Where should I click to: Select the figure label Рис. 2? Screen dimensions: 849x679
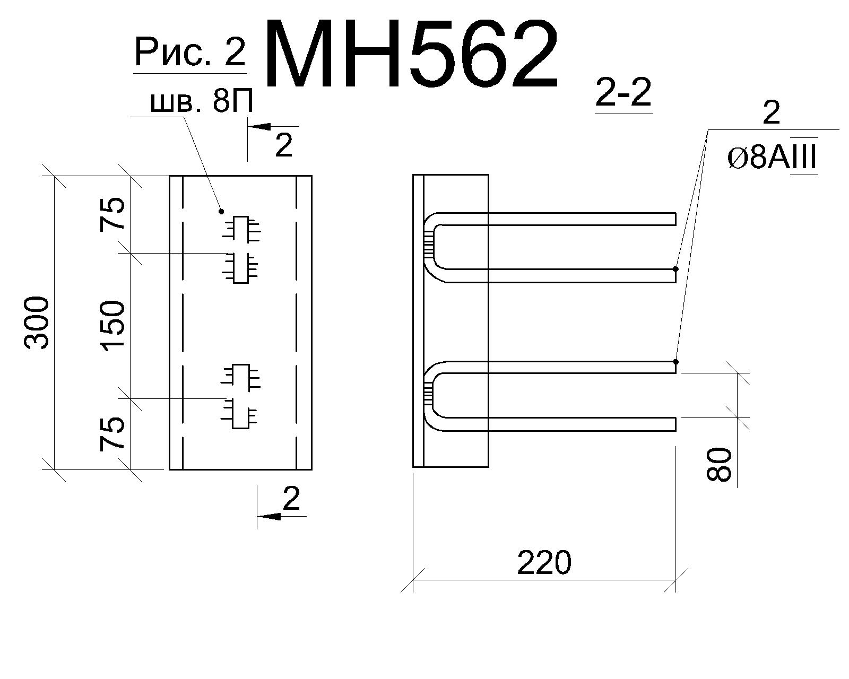point(190,53)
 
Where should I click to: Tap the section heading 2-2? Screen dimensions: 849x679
point(623,93)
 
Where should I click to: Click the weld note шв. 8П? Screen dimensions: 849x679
point(202,102)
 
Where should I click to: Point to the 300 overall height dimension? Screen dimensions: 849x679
point(37,323)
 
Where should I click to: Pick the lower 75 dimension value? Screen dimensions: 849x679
point(112,433)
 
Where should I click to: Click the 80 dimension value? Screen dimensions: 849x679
point(718,464)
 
